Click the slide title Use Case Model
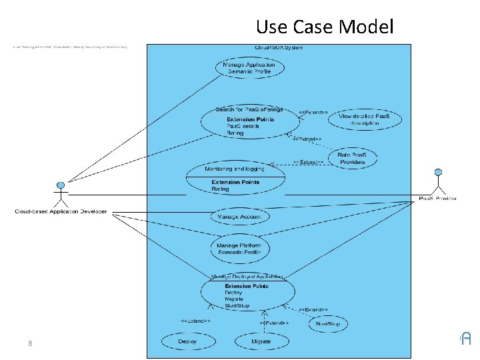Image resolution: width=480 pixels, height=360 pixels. pyautogui.click(x=325, y=27)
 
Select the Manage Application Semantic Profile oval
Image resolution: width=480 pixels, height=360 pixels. pyautogui.click(x=249, y=67)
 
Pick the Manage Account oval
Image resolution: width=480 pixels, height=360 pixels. pyautogui.click(x=239, y=216)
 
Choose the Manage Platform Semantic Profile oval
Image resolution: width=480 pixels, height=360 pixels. pyautogui.click(x=239, y=249)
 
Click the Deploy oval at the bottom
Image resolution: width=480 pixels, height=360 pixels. pyautogui.click(x=187, y=341)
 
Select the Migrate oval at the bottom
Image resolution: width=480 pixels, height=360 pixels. pyautogui.click(x=261, y=341)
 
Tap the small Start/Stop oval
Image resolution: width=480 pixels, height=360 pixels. pyautogui.click(x=327, y=324)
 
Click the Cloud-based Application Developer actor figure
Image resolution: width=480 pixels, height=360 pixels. pyautogui.click(x=61, y=193)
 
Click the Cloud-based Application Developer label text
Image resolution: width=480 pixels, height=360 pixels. pyautogui.click(x=61, y=212)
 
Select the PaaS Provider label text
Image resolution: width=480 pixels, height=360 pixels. pyautogui.click(x=438, y=199)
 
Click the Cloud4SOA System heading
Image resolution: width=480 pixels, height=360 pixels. pyautogui.click(x=279, y=47)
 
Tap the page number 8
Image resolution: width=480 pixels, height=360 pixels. pyautogui.click(x=30, y=343)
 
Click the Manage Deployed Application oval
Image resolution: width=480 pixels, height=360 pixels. pyautogui.click(x=247, y=291)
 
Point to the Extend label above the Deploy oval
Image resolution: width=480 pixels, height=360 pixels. pyautogui.click(x=196, y=321)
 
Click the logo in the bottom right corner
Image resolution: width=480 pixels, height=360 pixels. pyautogui.click(x=465, y=339)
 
